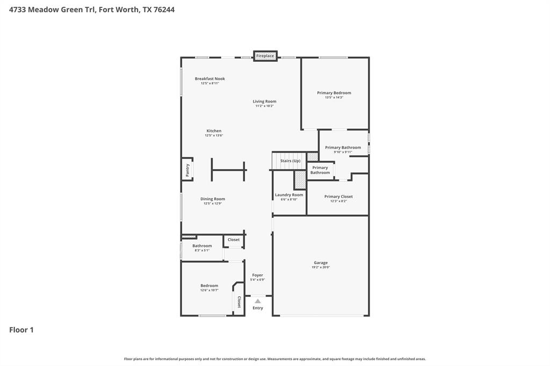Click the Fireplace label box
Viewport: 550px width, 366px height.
[x=265, y=56]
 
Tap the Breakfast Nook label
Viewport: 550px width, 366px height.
[x=209, y=79]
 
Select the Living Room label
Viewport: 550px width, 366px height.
[x=264, y=101]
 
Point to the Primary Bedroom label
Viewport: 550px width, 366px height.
[x=334, y=93]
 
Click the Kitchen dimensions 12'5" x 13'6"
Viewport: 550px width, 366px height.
[x=214, y=136]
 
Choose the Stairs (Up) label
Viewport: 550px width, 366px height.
[x=290, y=161]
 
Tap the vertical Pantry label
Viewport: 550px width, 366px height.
[x=187, y=170]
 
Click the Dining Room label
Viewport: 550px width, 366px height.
[x=213, y=199]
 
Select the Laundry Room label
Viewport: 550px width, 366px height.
[x=289, y=195]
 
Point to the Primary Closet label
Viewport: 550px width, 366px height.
[x=338, y=196]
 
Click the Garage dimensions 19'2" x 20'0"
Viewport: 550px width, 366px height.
[x=321, y=267]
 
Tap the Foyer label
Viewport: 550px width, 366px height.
[x=257, y=275]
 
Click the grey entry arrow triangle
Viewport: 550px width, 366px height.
[x=258, y=301]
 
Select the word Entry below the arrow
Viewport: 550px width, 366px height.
[x=258, y=308]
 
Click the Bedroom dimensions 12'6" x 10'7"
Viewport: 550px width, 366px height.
[x=209, y=290]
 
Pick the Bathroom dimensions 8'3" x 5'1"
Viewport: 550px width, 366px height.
[x=202, y=251]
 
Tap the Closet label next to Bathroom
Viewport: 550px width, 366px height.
[x=234, y=240]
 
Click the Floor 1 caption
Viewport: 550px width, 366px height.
[x=21, y=330]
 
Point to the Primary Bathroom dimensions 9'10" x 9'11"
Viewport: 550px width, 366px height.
[x=343, y=152]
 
